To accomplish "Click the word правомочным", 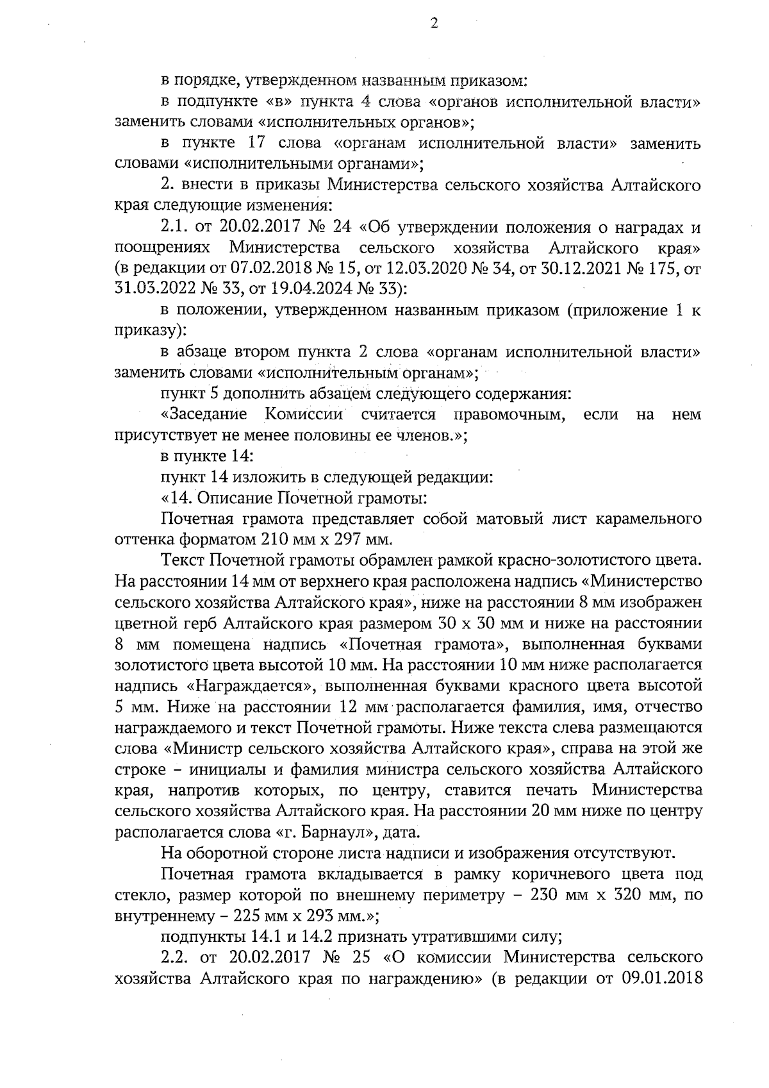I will click(508, 414).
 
